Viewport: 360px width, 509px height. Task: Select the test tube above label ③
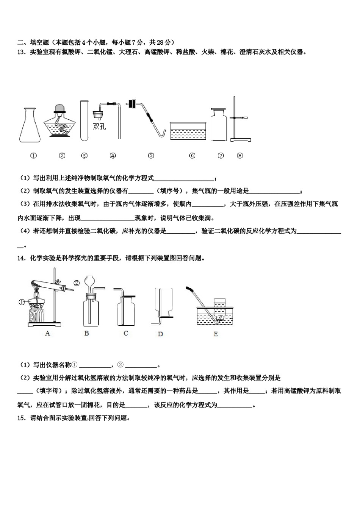pyautogui.click(x=84, y=120)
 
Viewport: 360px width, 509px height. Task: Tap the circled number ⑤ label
pyautogui.click(x=151, y=155)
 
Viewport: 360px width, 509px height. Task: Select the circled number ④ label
pyautogui.click(x=113, y=155)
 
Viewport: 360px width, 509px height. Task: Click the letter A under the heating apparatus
pyautogui.click(x=47, y=333)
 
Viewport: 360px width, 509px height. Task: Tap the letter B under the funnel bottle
pyautogui.click(x=86, y=333)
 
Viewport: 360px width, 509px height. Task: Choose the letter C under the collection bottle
pyautogui.click(x=126, y=333)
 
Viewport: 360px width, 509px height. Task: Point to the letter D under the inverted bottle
pyautogui.click(x=160, y=334)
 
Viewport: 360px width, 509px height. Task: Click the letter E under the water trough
pyautogui.click(x=216, y=334)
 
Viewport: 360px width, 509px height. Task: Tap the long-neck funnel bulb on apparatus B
pyautogui.click(x=90, y=283)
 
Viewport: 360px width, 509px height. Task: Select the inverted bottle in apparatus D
pyautogui.click(x=163, y=300)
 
